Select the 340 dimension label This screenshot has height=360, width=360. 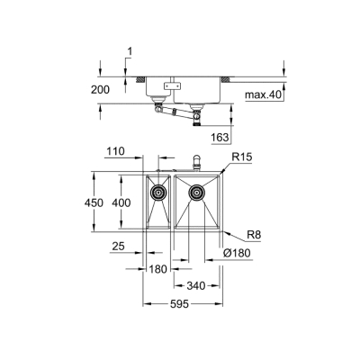[196, 287]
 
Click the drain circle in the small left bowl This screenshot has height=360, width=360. [159, 191]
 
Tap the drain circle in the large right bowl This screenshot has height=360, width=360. [195, 191]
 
